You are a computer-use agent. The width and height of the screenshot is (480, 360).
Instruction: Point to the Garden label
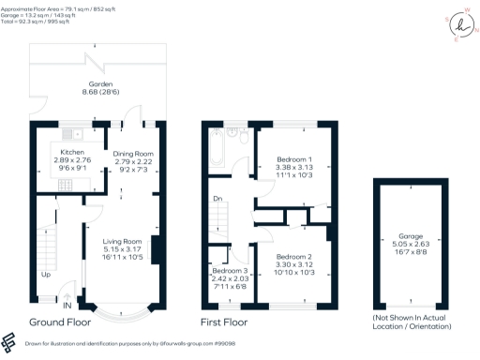point(97,83)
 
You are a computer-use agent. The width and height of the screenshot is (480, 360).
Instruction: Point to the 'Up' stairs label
point(45,275)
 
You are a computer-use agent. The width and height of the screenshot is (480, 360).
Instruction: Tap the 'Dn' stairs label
point(218,199)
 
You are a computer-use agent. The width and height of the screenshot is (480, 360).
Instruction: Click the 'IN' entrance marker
point(67,305)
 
